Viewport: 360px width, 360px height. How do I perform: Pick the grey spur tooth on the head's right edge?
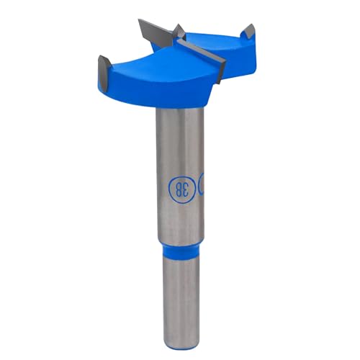tap(248, 32)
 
